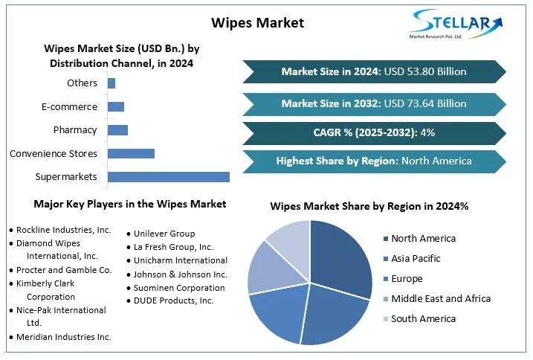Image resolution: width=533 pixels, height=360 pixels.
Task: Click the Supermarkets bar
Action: pos(169,177)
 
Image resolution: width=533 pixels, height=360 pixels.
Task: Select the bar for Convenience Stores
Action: pos(132,153)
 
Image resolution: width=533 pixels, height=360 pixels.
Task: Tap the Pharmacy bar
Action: pos(117,130)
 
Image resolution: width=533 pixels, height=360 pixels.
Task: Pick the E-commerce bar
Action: pos(116,107)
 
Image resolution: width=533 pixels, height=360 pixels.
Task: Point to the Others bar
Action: pos(112,83)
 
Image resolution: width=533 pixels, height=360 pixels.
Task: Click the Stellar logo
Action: pos(456,24)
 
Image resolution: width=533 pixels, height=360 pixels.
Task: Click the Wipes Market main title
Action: pos(258,23)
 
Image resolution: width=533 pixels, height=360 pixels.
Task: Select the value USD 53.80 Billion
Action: pos(425,71)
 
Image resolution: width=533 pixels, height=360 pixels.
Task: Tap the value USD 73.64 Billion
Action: pos(425,103)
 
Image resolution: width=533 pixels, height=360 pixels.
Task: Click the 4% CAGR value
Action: pos(427,132)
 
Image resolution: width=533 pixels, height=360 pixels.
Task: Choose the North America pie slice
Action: pos(340,259)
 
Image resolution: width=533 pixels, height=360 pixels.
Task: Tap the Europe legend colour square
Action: pos(386,280)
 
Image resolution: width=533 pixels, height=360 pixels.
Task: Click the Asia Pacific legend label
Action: pos(416,259)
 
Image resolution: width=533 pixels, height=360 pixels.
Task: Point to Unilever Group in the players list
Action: pos(164,234)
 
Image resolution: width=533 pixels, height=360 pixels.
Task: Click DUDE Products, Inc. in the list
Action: pos(173,300)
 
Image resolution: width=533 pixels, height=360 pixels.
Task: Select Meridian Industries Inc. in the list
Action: pos(64,337)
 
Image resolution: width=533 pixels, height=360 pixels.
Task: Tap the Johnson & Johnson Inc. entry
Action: pos(180,274)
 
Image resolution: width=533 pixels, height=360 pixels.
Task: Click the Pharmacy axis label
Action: pos(75,130)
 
